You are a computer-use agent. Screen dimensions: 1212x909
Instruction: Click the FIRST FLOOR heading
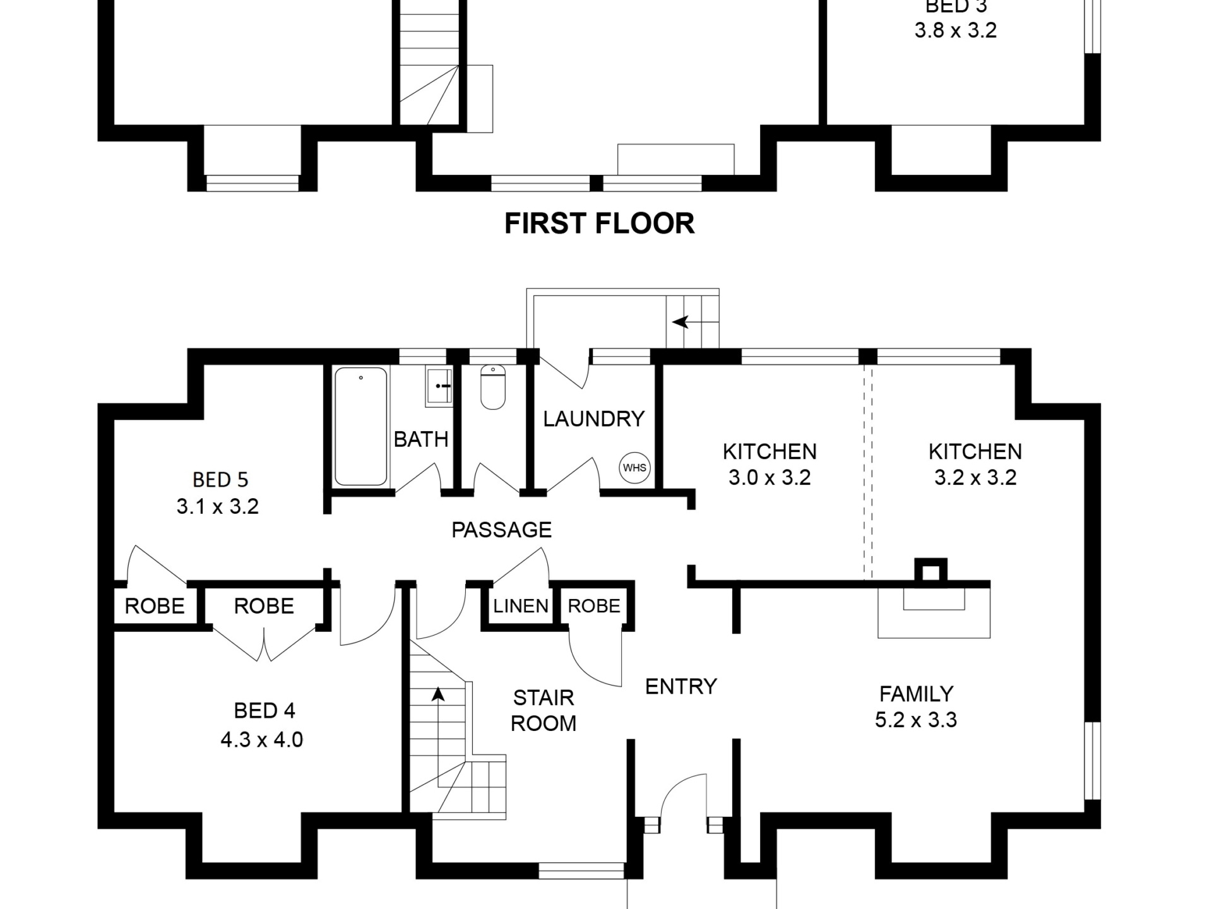coord(599,223)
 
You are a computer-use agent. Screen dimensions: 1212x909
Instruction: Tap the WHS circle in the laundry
coord(634,468)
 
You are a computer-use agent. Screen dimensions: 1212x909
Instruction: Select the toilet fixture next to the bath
coord(493,386)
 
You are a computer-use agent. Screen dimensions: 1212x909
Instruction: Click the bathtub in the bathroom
coord(360,426)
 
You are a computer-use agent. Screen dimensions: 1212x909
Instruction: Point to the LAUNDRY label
coord(594,419)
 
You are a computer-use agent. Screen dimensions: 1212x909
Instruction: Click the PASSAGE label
coord(501,530)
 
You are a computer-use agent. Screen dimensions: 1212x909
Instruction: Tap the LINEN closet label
coord(521,606)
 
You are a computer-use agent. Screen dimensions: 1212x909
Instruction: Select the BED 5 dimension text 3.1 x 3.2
coord(218,506)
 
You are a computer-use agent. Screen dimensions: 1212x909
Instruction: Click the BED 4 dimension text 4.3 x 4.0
coord(262,739)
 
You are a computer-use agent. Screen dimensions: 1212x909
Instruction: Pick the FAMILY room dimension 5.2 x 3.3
coord(916,720)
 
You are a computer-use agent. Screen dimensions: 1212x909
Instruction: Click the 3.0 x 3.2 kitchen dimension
coord(769,477)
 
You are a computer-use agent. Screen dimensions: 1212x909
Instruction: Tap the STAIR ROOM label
coord(544,710)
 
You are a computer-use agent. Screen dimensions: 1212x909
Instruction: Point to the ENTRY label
coord(681,686)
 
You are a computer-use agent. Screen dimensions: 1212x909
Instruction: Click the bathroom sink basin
coord(439,385)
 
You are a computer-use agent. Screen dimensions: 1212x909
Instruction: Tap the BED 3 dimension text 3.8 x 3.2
coord(956,30)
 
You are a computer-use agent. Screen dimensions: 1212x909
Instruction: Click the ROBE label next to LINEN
coord(594,606)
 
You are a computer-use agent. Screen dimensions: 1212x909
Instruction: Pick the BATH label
coord(421,439)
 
